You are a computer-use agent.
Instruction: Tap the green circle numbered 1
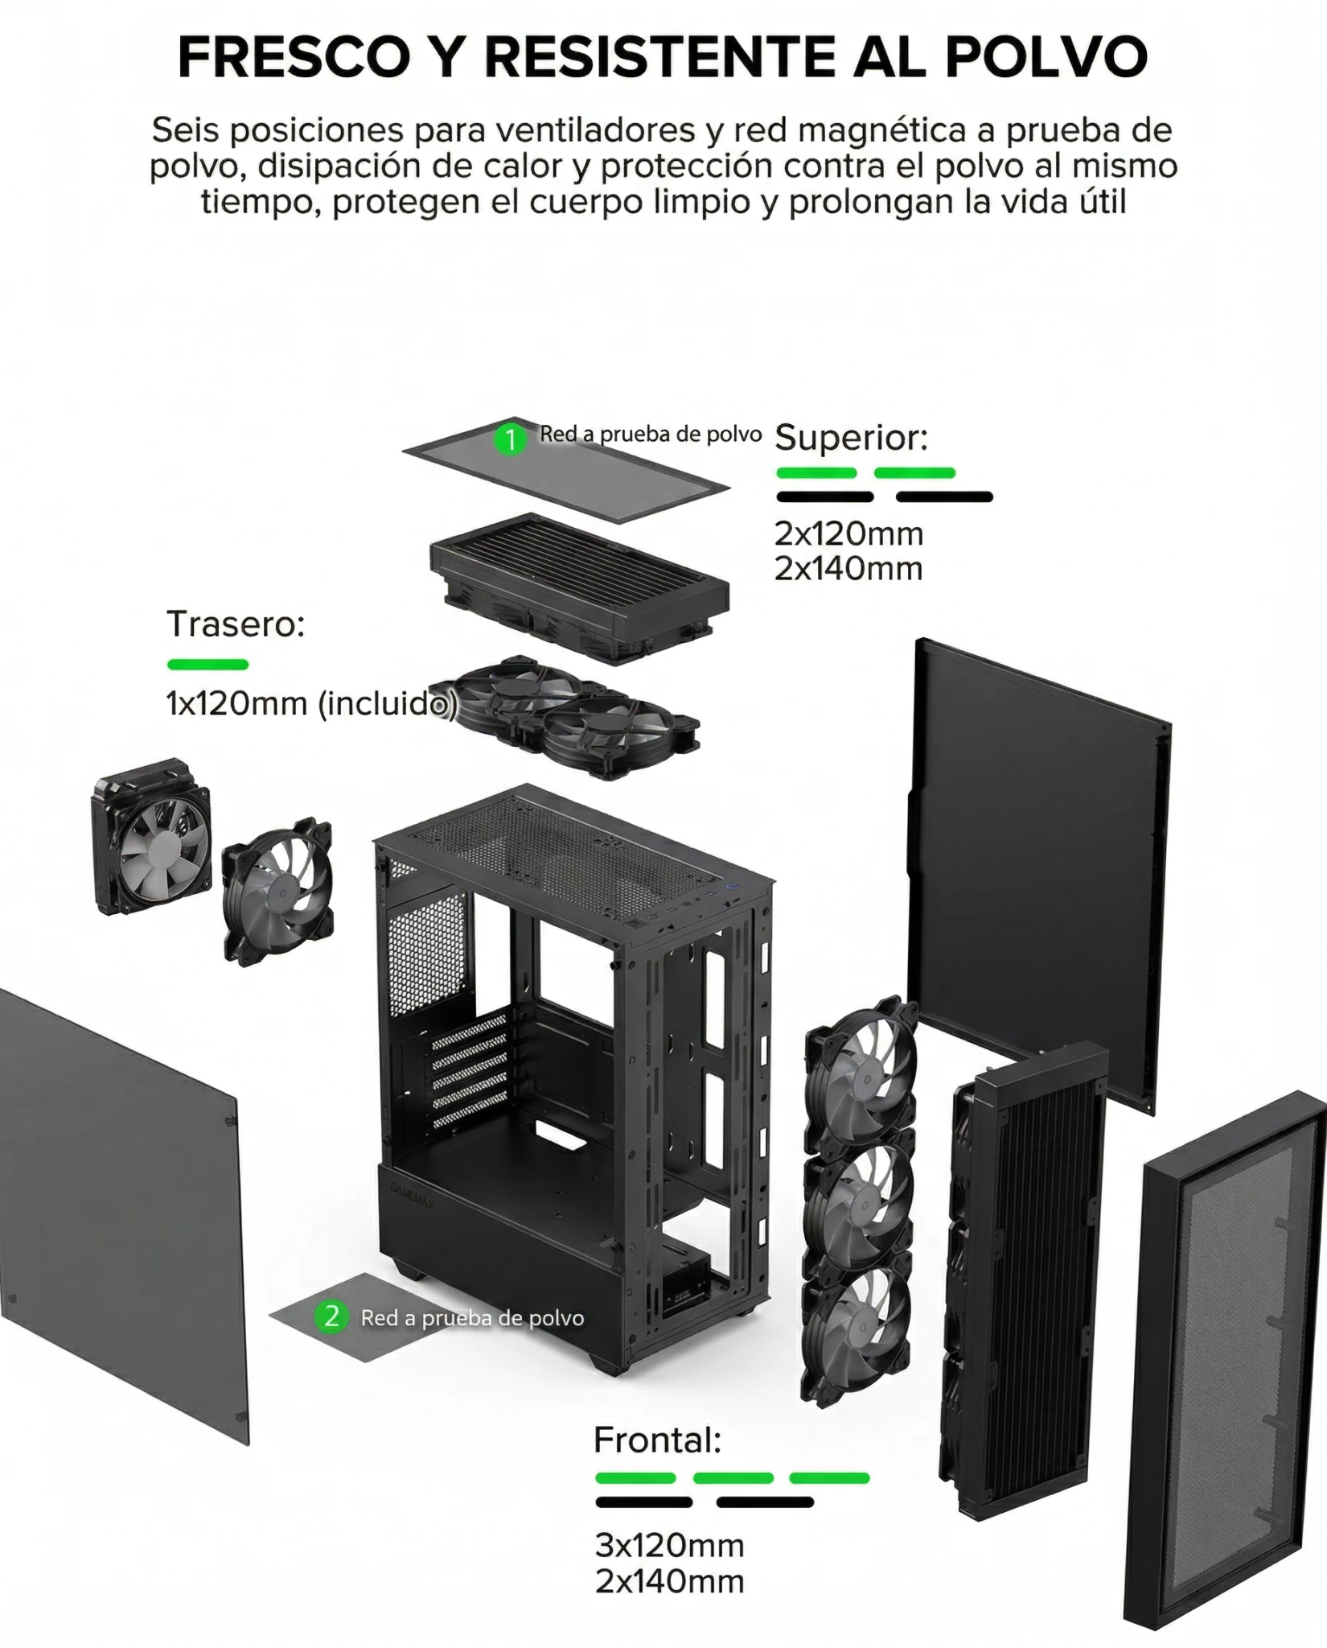tap(510, 439)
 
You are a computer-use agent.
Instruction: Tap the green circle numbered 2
tap(331, 1317)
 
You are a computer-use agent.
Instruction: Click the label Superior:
tap(851, 439)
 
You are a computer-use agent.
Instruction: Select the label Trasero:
tap(236, 624)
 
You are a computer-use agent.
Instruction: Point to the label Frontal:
tap(657, 1440)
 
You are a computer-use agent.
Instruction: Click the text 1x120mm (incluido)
tap(311, 704)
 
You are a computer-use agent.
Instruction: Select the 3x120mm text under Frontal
tap(669, 1545)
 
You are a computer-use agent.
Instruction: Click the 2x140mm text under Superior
tap(848, 569)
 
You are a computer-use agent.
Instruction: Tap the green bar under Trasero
tap(207, 665)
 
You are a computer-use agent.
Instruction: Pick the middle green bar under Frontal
tap(733, 1478)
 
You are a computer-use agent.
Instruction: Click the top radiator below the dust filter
tap(579, 575)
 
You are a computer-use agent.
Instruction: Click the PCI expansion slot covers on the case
tap(470, 1070)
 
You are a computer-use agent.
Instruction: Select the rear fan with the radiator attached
tap(153, 837)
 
